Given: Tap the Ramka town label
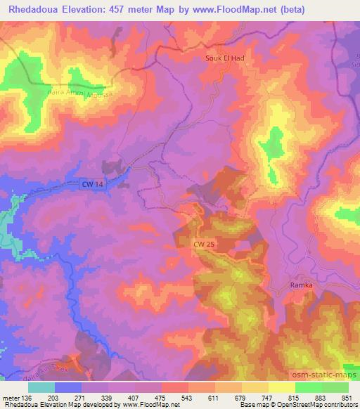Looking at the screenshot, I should [x=301, y=285].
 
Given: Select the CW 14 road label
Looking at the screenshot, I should [x=91, y=184].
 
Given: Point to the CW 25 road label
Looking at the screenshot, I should [x=205, y=243].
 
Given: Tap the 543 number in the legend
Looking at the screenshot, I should [x=185, y=397].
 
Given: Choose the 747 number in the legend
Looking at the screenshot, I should [x=266, y=397].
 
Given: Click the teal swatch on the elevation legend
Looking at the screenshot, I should [x=41, y=387].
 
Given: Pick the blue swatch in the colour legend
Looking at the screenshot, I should [x=68, y=387].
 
